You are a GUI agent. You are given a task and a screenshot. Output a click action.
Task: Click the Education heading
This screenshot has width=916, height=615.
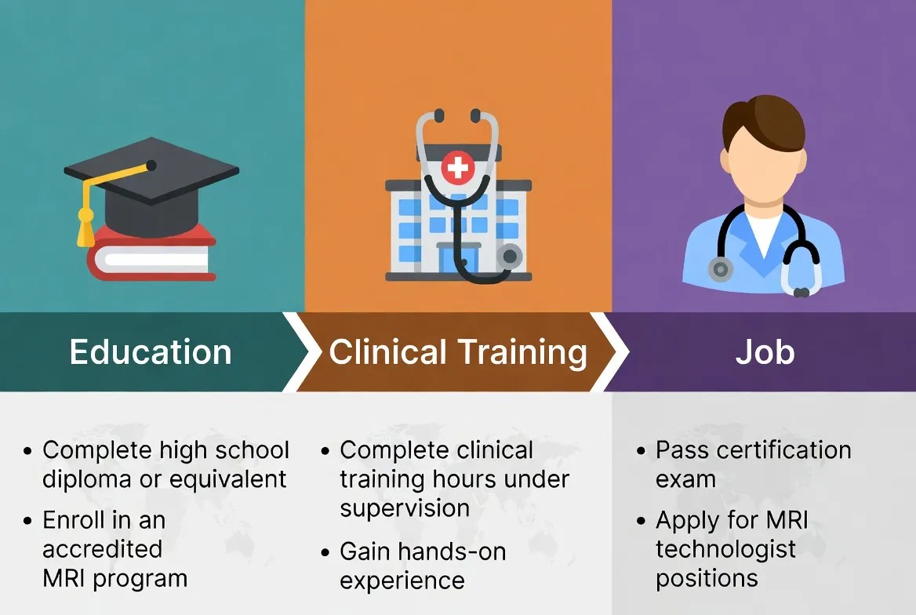pyautogui.click(x=151, y=352)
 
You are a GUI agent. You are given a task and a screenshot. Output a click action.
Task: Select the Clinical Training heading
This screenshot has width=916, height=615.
pyautogui.click(x=458, y=352)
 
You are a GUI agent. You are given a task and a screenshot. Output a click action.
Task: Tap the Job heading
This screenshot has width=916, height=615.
pyautogui.click(x=765, y=352)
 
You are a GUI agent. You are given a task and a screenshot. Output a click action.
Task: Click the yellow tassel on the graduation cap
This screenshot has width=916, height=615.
pyautogui.click(x=85, y=229)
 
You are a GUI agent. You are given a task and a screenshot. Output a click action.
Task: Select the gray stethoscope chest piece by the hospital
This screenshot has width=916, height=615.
pyautogui.click(x=511, y=257)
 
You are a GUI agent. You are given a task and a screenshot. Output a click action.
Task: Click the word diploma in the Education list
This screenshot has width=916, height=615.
pyautogui.click(x=87, y=479)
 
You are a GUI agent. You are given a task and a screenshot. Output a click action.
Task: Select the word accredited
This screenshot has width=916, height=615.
pyautogui.click(x=102, y=548)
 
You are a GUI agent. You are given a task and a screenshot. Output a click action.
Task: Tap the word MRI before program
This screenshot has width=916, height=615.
pyautogui.click(x=65, y=579)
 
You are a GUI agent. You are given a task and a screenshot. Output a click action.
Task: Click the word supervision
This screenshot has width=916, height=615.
pyautogui.click(x=405, y=508)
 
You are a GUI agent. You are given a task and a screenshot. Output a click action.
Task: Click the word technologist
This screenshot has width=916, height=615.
pyautogui.click(x=725, y=548)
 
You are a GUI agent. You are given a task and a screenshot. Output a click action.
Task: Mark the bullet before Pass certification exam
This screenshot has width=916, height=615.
pyautogui.click(x=641, y=452)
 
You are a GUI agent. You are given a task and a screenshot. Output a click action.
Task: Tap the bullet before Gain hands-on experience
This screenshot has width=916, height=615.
pyautogui.click(x=325, y=552)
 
